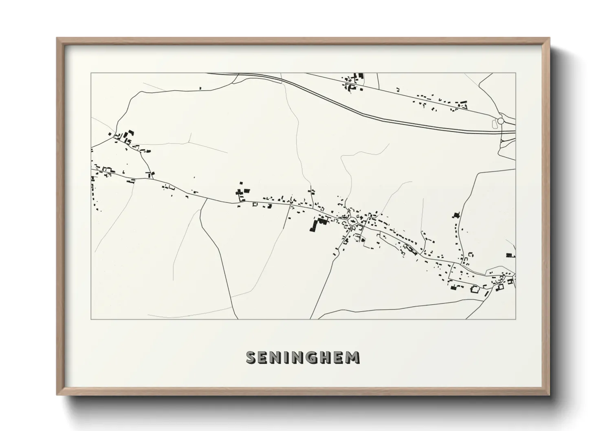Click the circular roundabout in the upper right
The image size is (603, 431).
pos(500,121)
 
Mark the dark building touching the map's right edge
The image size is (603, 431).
pos(511,255)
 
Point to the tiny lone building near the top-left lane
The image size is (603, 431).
pos(200,88)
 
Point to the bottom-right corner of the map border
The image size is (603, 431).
pos(515,319)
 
